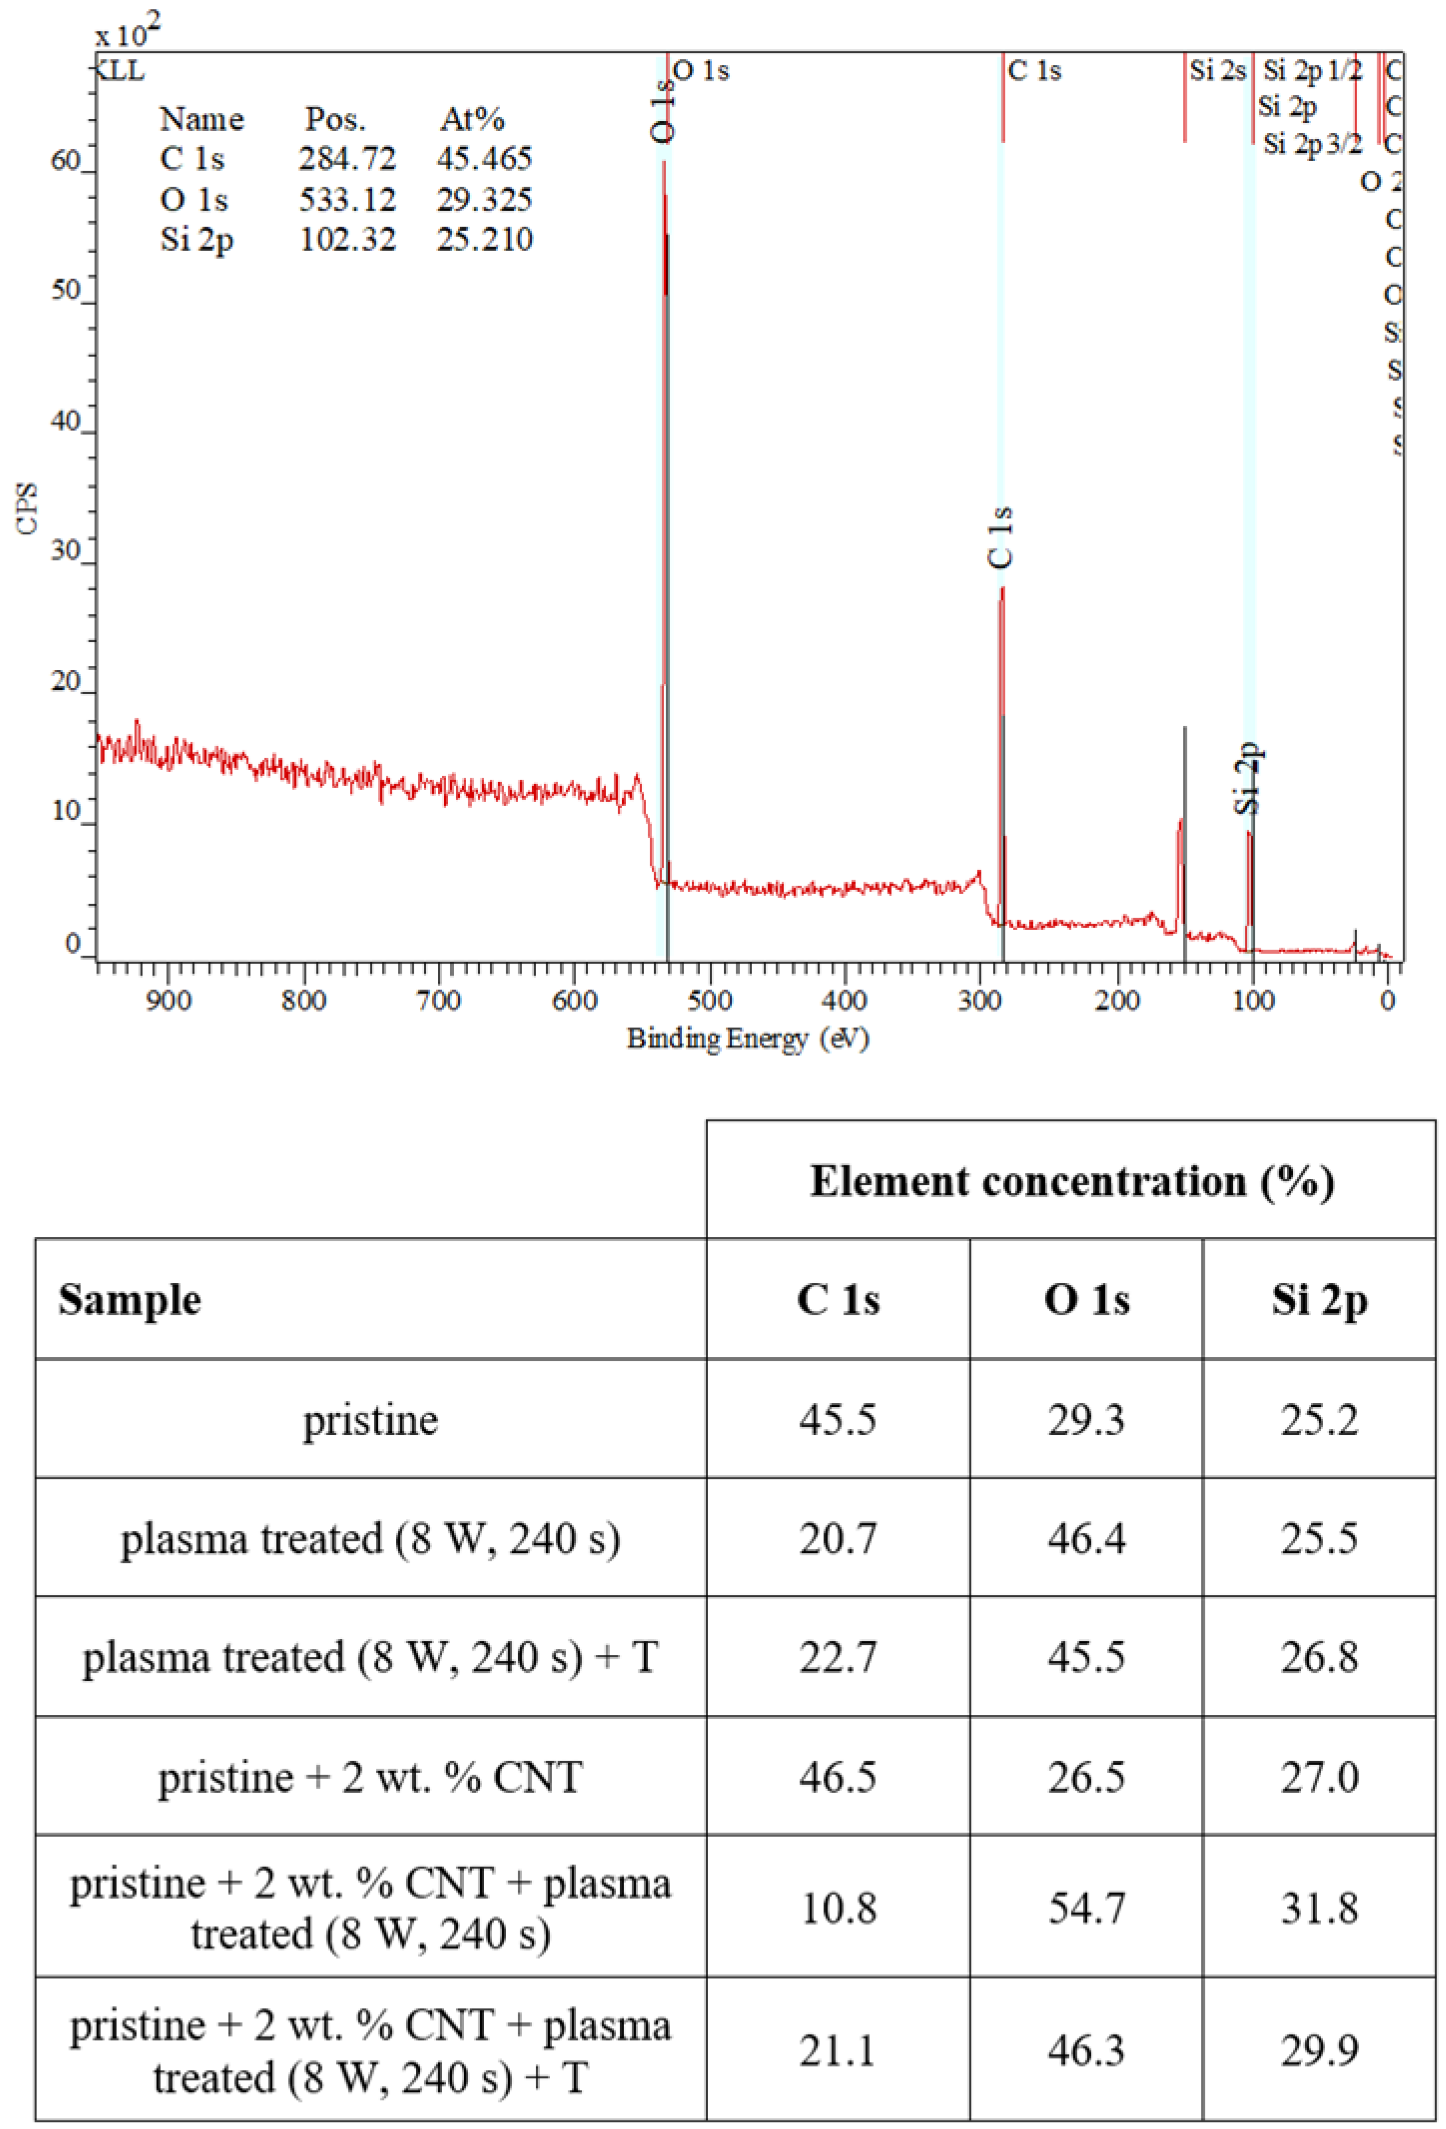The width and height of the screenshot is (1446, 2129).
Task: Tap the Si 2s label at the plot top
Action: point(1217,70)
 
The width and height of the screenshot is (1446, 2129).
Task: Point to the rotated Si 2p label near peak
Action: point(1248,778)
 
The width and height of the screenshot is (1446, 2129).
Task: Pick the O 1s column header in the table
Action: point(1086,1300)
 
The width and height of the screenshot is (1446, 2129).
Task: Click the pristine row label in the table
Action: point(370,1420)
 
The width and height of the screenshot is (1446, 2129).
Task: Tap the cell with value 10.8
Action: point(838,1908)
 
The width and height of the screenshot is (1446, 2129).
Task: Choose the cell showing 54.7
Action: point(1086,1908)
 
